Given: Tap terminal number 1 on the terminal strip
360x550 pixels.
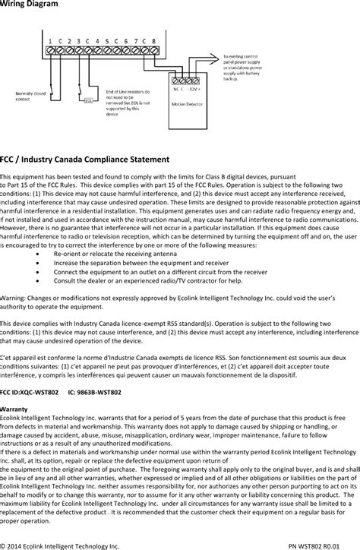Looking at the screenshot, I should point(49,40).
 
